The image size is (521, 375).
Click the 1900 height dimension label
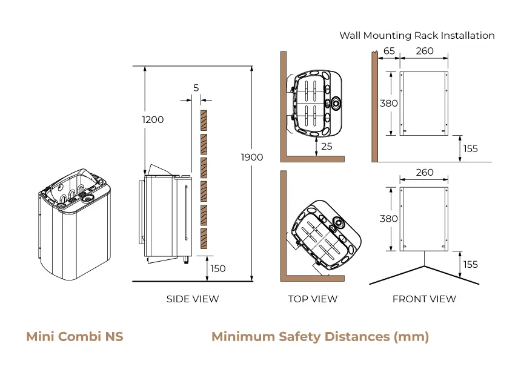(251, 158)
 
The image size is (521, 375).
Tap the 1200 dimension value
(153, 120)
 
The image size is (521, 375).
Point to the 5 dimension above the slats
(196, 88)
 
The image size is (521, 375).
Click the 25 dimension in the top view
(327, 147)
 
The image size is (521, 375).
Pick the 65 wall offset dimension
(389, 51)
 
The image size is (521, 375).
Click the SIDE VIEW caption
(193, 299)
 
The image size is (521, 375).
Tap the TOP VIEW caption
(313, 299)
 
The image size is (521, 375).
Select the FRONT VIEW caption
(424, 299)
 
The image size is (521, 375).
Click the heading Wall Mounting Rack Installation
(417, 35)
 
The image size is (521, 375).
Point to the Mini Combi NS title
(75, 336)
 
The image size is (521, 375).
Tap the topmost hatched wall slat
(204, 121)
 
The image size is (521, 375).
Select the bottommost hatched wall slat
(204, 240)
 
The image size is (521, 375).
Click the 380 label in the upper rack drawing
(388, 103)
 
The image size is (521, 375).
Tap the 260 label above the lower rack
(425, 173)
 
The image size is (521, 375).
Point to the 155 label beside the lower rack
(470, 264)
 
